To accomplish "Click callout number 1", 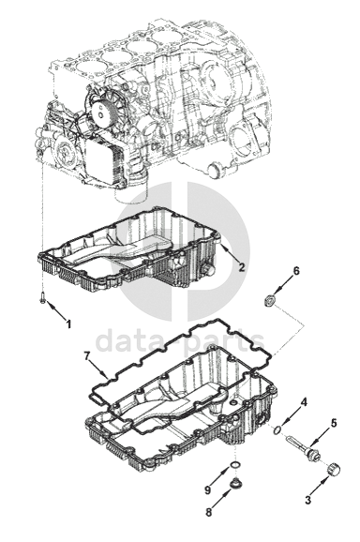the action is click(68, 324).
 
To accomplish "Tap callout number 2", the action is click(242, 267).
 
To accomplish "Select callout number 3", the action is click(307, 499).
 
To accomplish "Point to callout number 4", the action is click(304, 402).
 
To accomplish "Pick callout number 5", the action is click(334, 423).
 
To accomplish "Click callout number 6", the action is click(296, 271).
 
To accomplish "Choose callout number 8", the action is click(208, 512).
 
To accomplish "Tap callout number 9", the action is click(207, 489).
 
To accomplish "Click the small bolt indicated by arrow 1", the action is click(42, 298).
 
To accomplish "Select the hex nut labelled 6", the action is click(269, 300).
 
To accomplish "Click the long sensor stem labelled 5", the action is click(302, 446).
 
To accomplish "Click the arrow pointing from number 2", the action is click(230, 252).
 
